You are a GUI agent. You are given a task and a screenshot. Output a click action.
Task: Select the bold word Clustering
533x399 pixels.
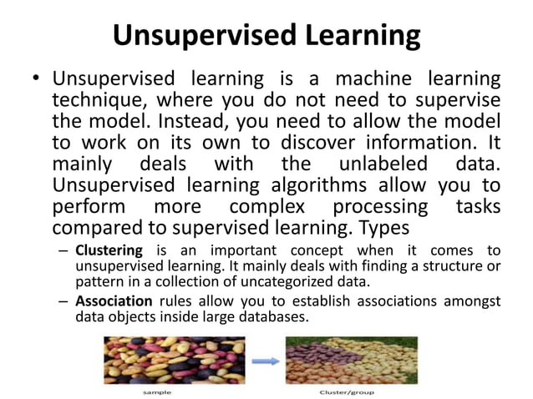(x=109, y=250)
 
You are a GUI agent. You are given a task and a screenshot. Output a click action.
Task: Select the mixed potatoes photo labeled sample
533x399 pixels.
(x=174, y=359)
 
